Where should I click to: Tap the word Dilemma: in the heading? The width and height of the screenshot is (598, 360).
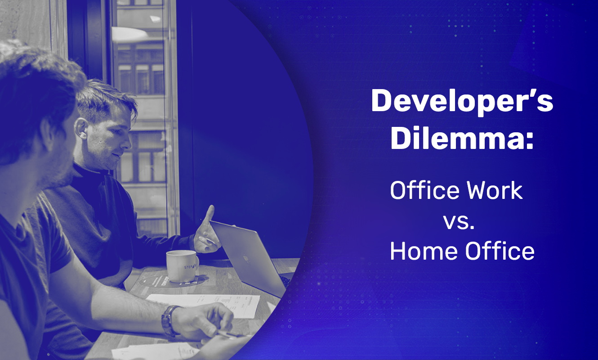462,139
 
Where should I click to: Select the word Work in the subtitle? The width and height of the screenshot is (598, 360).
499,191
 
